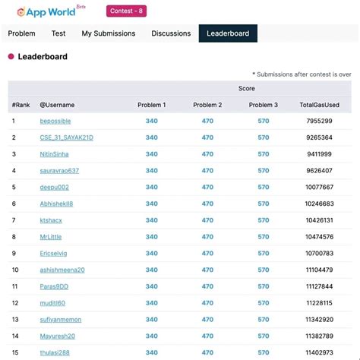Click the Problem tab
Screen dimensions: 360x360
(21, 33)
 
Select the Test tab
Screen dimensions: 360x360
(58, 33)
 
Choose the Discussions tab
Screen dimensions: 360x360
(171, 33)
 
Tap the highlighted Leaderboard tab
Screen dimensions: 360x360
(228, 33)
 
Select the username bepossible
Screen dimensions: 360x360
(55, 122)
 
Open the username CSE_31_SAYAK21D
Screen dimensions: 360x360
(67, 137)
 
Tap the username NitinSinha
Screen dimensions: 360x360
(54, 154)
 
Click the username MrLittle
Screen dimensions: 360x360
(52, 237)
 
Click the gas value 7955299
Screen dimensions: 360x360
(318, 122)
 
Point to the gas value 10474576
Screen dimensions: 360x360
(318, 237)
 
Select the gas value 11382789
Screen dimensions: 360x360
(318, 336)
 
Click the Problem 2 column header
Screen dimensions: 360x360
(207, 105)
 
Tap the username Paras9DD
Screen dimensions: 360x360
(54, 286)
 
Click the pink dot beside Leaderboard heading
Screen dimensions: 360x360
(11, 57)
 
